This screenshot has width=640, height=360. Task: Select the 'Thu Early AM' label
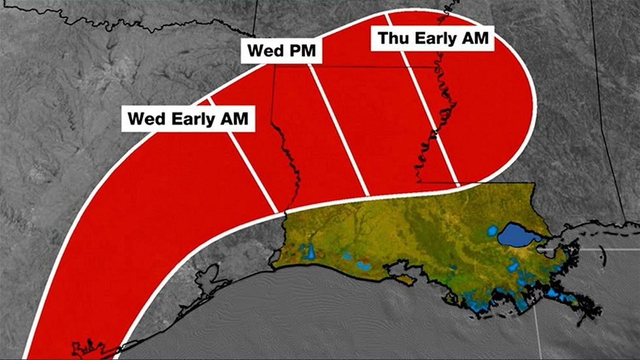[x=433, y=39]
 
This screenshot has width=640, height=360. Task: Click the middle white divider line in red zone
[x=340, y=131]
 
